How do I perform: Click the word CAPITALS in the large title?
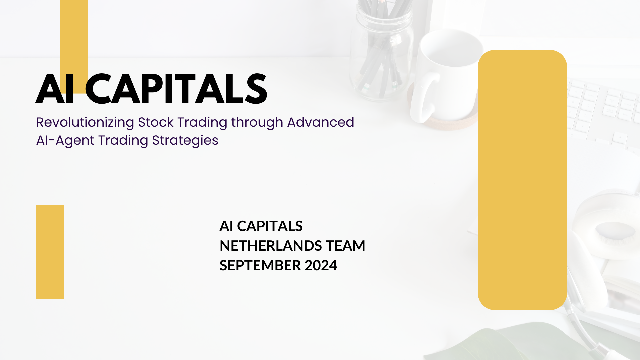tap(176, 89)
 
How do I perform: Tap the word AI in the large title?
tap(55, 89)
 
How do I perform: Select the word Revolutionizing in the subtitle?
tap(85, 123)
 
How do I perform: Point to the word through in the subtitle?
tap(257, 123)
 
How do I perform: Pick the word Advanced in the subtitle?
tap(320, 122)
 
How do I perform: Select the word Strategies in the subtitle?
tap(185, 141)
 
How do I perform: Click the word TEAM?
tap(345, 246)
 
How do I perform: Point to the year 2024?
tap(321, 265)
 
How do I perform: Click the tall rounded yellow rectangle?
tap(522, 180)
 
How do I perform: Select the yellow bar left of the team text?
tap(50, 252)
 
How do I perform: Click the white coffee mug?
tap(447, 77)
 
